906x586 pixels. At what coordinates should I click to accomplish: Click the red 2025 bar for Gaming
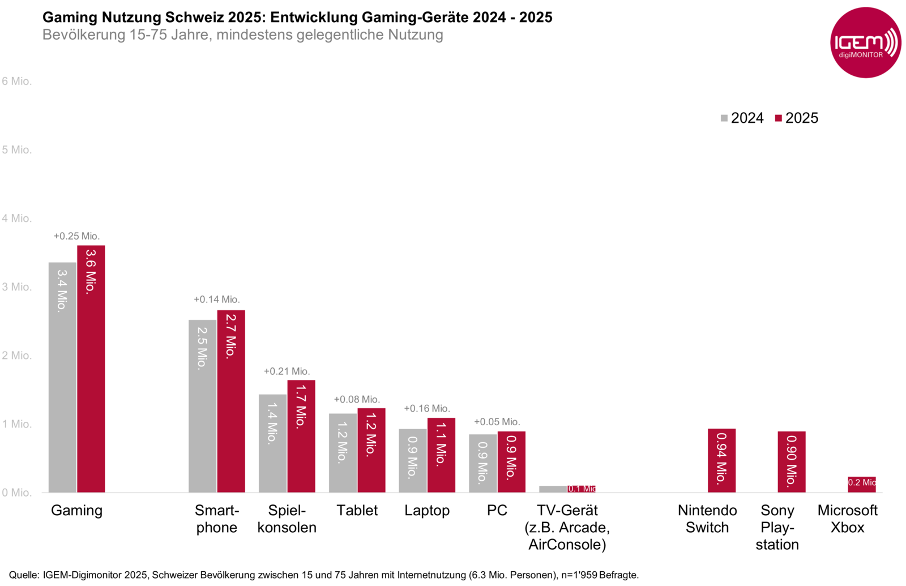(x=91, y=369)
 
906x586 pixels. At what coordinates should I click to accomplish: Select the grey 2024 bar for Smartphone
(x=202, y=406)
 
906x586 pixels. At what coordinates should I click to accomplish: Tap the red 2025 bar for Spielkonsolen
(x=301, y=436)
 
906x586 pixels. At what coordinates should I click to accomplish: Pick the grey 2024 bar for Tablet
(x=343, y=452)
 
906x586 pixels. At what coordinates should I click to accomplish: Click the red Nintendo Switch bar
(x=721, y=460)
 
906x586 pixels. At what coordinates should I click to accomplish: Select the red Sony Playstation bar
(x=792, y=461)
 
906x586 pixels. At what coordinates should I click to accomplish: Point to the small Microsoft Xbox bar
(x=861, y=484)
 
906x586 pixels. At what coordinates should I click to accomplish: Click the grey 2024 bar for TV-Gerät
(x=553, y=489)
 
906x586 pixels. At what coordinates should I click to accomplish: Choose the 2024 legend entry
(x=742, y=118)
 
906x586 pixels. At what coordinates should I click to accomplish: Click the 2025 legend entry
(x=797, y=118)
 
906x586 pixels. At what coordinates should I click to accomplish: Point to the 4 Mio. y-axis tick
(x=16, y=218)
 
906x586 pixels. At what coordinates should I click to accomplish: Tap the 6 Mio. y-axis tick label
(x=16, y=81)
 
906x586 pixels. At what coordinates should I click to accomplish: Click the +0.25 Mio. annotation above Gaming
(x=76, y=236)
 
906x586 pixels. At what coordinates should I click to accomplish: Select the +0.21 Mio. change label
(x=287, y=371)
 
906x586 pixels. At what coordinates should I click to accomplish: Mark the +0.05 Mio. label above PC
(x=497, y=422)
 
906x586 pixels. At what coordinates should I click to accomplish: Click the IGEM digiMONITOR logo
(x=865, y=43)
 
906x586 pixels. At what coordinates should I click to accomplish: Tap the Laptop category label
(x=427, y=510)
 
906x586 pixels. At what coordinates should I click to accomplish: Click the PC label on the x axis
(x=497, y=510)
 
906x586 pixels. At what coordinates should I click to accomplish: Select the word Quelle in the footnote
(x=23, y=575)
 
